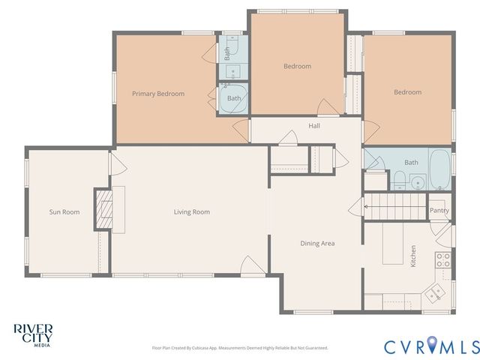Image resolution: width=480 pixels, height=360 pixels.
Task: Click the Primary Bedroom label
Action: (157, 94)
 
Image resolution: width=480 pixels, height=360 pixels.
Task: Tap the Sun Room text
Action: (64, 212)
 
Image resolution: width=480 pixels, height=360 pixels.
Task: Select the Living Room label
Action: (191, 212)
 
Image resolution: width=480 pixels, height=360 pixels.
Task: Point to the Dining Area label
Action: (317, 243)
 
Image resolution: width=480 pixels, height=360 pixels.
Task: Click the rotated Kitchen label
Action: (412, 256)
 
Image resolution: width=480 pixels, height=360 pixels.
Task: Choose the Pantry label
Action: (439, 211)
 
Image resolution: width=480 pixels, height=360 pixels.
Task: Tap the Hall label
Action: (314, 126)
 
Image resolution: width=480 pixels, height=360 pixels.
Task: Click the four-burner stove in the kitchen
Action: (442, 260)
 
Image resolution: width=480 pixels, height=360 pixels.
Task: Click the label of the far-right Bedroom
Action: (407, 92)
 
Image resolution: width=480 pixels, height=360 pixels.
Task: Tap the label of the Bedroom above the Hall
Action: (297, 66)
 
